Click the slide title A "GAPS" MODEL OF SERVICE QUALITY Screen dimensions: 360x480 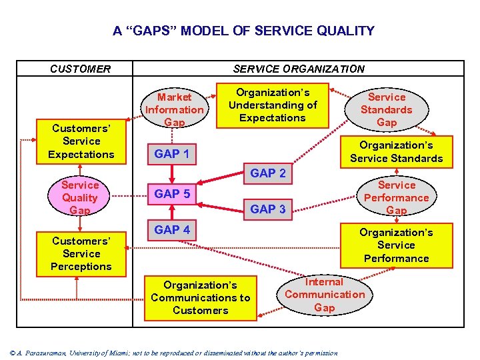point(243,31)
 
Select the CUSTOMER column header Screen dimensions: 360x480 point(81,69)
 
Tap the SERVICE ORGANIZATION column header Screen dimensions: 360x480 point(298,69)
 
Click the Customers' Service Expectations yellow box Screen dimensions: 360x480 point(81,141)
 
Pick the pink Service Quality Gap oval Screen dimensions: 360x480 point(80,198)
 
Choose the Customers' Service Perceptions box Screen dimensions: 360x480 point(81,254)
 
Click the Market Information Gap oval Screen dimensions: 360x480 point(175,109)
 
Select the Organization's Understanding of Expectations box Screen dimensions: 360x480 point(272,105)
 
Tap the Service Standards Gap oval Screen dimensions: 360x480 point(387,110)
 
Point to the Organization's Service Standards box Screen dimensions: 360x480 point(396,152)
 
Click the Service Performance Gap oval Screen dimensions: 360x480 point(396,198)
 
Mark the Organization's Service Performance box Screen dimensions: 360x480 point(396,245)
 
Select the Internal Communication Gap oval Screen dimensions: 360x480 point(325,295)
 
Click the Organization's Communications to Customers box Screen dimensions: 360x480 point(200,298)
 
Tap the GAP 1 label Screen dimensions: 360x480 point(171,154)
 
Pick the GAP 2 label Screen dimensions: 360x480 point(267,173)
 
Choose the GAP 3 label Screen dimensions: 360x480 point(267,209)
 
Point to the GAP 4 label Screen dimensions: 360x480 point(171,230)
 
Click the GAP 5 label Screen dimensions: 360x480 point(171,194)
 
